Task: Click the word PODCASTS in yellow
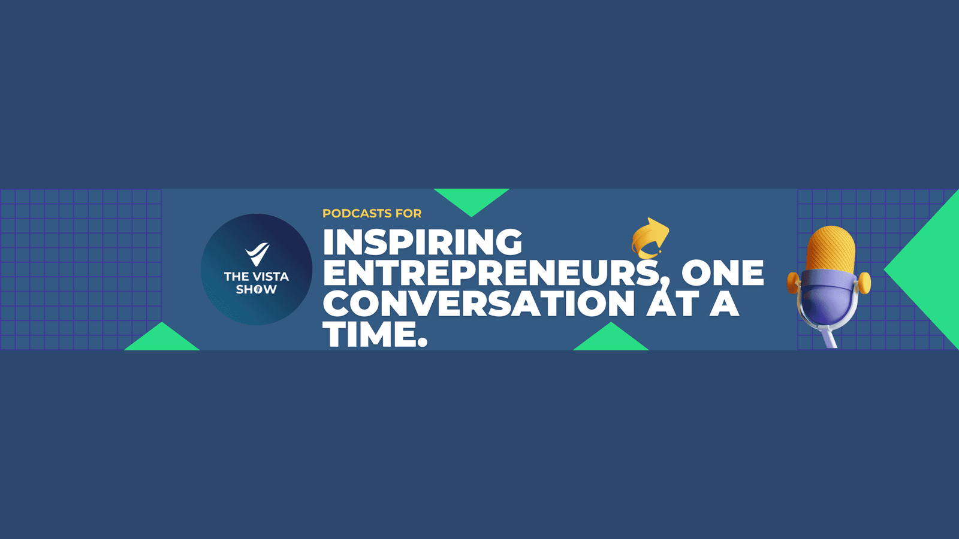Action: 357,213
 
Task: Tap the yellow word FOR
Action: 408,213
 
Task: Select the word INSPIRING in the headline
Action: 423,242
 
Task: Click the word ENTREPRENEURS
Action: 491,272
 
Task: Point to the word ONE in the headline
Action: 723,272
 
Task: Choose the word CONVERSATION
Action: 479,303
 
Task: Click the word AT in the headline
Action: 671,303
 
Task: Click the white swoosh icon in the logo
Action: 257,254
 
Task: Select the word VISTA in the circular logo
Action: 270,276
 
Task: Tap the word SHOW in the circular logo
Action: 256,290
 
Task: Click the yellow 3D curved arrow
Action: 650,239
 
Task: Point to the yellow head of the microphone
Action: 831,249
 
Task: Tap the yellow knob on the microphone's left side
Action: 794,283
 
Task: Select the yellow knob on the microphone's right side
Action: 864,283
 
